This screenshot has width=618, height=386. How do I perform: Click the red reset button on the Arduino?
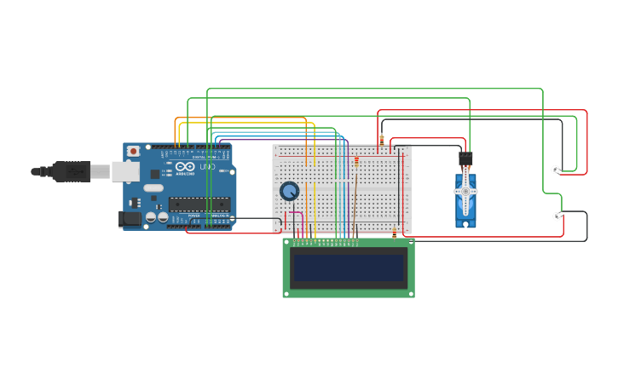[133, 151]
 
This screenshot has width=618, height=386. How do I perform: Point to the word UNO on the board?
[205, 166]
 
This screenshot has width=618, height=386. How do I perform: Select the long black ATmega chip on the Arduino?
[199, 204]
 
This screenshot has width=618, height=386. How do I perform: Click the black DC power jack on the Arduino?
[130, 219]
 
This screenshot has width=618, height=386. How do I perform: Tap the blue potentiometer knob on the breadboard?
[290, 191]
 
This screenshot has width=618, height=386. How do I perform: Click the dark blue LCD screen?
[349, 268]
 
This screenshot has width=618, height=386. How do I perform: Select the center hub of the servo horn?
[465, 192]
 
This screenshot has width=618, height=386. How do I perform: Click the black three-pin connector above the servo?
[465, 158]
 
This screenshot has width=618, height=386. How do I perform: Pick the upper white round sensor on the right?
[555, 170]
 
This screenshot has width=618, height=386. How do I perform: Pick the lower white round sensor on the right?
[557, 216]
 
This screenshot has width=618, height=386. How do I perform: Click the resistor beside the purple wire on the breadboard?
[356, 162]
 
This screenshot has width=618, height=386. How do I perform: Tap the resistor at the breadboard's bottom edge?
[394, 234]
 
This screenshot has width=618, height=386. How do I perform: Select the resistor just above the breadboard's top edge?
[382, 138]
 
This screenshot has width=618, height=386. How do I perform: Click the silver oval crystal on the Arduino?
[153, 187]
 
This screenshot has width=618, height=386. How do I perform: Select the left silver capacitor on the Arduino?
[151, 218]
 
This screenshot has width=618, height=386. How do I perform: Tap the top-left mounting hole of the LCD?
[286, 242]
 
